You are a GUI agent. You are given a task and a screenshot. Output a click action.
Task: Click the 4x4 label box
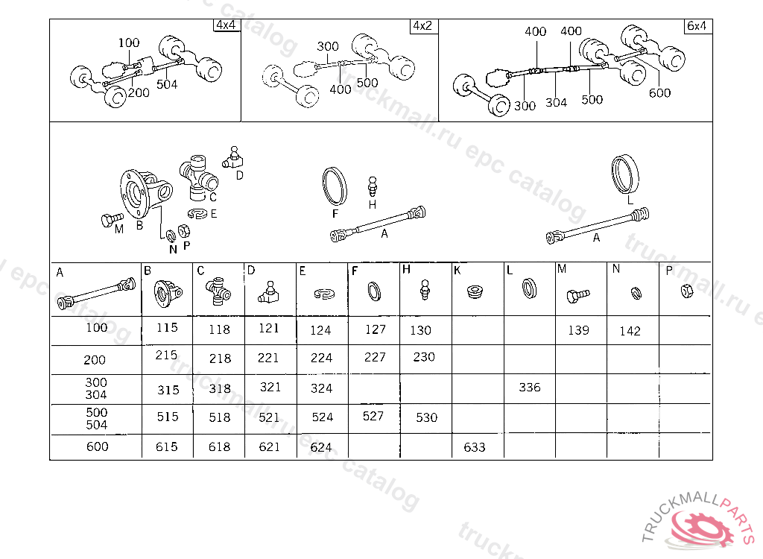(227, 25)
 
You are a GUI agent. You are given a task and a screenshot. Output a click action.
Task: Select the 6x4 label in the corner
(697, 26)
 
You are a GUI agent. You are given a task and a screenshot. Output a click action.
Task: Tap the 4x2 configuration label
(423, 26)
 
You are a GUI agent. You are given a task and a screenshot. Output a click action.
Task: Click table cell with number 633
(475, 447)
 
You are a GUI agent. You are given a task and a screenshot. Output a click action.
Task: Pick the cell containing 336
(530, 388)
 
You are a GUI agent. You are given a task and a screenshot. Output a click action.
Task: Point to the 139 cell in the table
(578, 330)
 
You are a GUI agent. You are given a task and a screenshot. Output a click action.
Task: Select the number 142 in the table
(630, 331)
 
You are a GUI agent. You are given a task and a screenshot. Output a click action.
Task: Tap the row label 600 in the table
(98, 446)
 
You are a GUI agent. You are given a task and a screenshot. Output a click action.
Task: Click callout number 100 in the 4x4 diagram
(128, 42)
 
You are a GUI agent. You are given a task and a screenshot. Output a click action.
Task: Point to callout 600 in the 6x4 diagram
(660, 93)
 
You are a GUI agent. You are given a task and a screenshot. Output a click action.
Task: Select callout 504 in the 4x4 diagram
(167, 85)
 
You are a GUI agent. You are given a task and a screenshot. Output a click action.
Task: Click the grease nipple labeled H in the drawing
(373, 187)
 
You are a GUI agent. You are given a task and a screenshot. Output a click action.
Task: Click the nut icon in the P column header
(686, 291)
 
